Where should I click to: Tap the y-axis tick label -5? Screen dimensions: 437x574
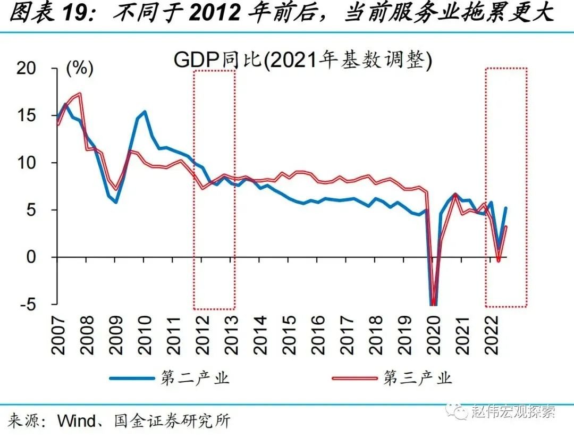click(30, 304)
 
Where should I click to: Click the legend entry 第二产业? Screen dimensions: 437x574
click(195, 379)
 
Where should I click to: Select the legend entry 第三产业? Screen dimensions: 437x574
click(418, 379)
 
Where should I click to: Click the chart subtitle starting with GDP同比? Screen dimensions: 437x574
click(303, 60)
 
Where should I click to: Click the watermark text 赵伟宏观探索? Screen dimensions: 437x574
click(513, 411)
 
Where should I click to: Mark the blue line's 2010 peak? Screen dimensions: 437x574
click(145, 112)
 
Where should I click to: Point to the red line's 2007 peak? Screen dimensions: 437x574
click(79, 94)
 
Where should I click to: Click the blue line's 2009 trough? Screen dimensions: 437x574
click(116, 202)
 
